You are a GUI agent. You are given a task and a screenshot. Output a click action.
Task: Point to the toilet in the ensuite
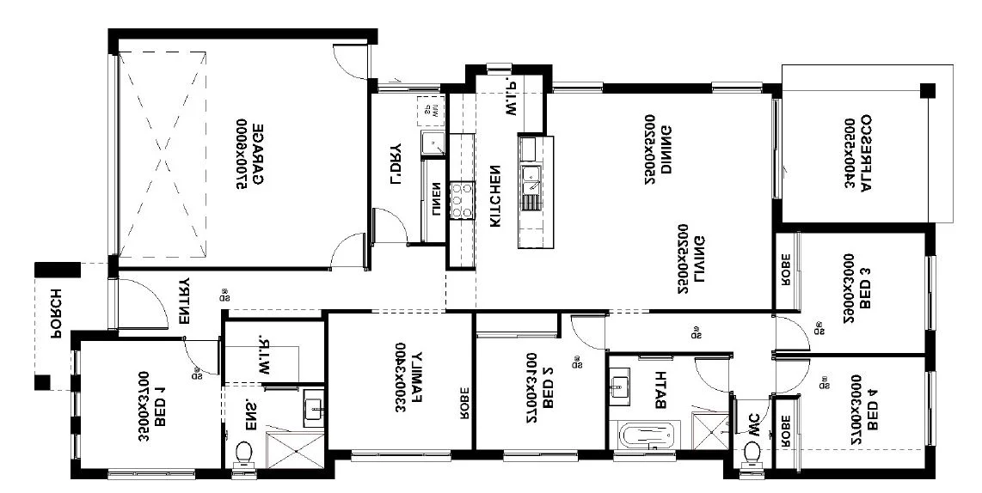[x=243, y=453]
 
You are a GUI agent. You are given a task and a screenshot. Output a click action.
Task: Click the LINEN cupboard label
[x=436, y=202]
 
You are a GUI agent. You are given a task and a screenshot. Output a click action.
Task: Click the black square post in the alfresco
[x=927, y=90]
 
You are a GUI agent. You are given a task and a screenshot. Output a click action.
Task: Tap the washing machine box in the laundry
[x=433, y=110]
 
